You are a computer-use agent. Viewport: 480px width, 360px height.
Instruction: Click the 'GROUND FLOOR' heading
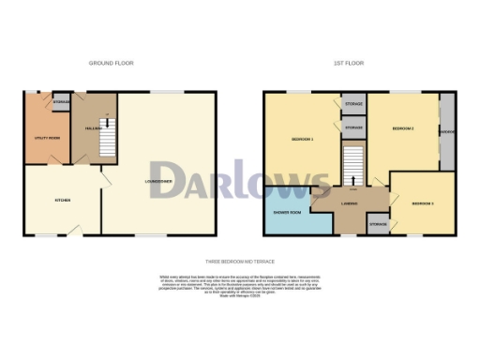point(112,63)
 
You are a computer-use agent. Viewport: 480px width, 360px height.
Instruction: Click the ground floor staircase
point(108,140)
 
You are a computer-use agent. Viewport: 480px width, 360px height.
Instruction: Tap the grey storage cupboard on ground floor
point(62,102)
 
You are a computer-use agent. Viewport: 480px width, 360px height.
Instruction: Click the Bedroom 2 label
point(402,127)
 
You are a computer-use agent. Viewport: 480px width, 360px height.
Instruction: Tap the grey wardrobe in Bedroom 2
point(447,132)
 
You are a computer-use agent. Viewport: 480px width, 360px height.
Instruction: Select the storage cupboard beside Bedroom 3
point(378,225)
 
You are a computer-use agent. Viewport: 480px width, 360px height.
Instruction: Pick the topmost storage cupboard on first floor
point(353,104)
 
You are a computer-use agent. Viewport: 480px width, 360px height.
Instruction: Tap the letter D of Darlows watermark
point(169,180)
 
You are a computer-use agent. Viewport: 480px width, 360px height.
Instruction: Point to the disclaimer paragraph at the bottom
point(240,284)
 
